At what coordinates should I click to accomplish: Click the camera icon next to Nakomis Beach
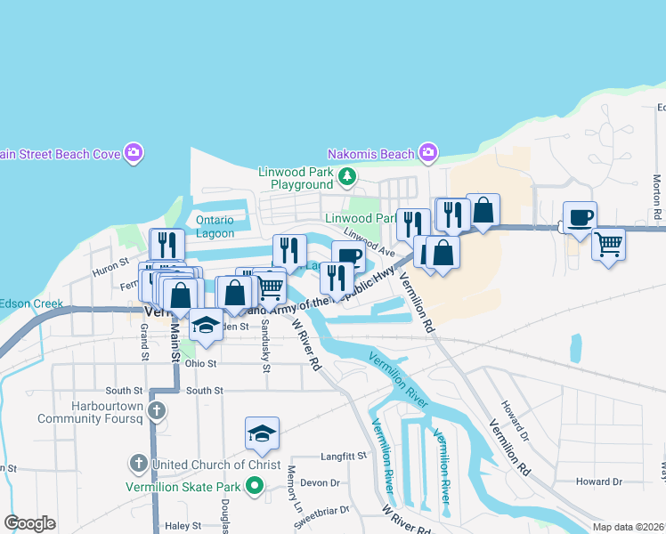(427, 153)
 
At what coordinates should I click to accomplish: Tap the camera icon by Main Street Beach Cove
(134, 153)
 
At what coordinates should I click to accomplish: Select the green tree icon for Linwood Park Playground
(347, 178)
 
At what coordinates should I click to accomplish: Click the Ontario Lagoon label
(215, 226)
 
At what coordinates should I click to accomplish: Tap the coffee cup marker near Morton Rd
(580, 217)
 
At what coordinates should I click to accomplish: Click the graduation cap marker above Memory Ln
(262, 433)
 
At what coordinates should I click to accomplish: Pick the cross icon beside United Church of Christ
(138, 464)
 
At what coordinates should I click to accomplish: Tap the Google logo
(29, 523)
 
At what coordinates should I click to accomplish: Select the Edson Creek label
(31, 303)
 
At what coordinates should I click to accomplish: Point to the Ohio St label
(201, 363)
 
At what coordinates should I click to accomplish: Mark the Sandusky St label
(265, 341)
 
